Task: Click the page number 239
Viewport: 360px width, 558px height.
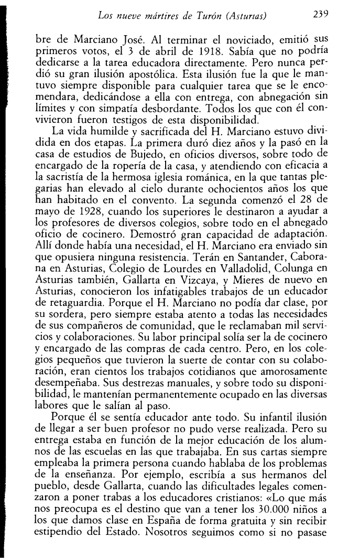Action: (x=320, y=16)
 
